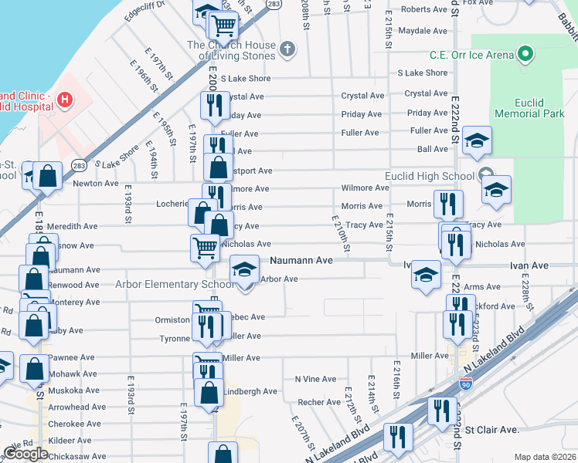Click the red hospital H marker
pyautogui.click(x=64, y=100)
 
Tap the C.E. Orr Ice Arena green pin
pyautogui.click(x=526, y=55)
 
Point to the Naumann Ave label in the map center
pyautogui.click(x=301, y=261)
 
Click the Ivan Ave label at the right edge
pyautogui.click(x=529, y=265)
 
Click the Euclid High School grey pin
pyautogui.click(x=485, y=175)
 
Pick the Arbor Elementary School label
pyautogui.click(x=164, y=283)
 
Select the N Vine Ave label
pyautogui.click(x=315, y=379)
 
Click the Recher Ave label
pyautogui.click(x=319, y=402)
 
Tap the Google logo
pyautogui.click(x=25, y=454)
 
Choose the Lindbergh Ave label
pyautogui.click(x=250, y=391)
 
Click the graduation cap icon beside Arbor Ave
pyautogui.click(x=245, y=270)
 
